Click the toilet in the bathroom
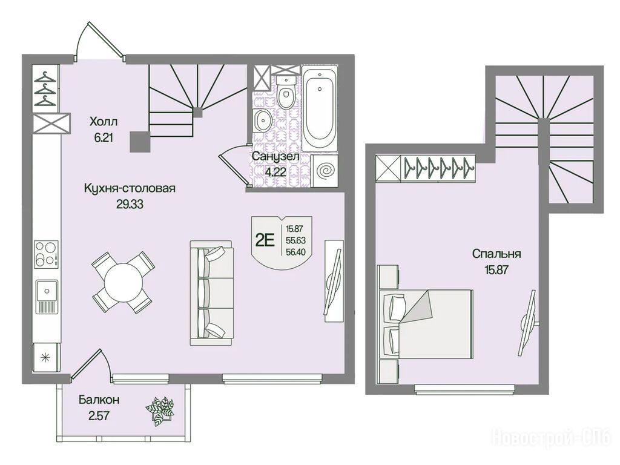click(285, 93)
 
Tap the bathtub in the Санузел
click(320, 108)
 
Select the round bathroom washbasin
click(262, 120)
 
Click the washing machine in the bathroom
click(325, 170)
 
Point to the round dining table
click(123, 282)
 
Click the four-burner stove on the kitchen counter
click(46, 254)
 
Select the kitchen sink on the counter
click(47, 297)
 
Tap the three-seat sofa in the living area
click(211, 293)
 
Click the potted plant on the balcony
click(160, 411)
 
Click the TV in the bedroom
click(528, 323)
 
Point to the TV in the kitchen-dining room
click(334, 282)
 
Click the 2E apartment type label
click(265, 240)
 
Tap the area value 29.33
click(130, 205)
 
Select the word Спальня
click(496, 254)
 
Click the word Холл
click(103, 121)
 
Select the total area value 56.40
click(295, 252)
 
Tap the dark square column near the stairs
click(140, 142)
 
